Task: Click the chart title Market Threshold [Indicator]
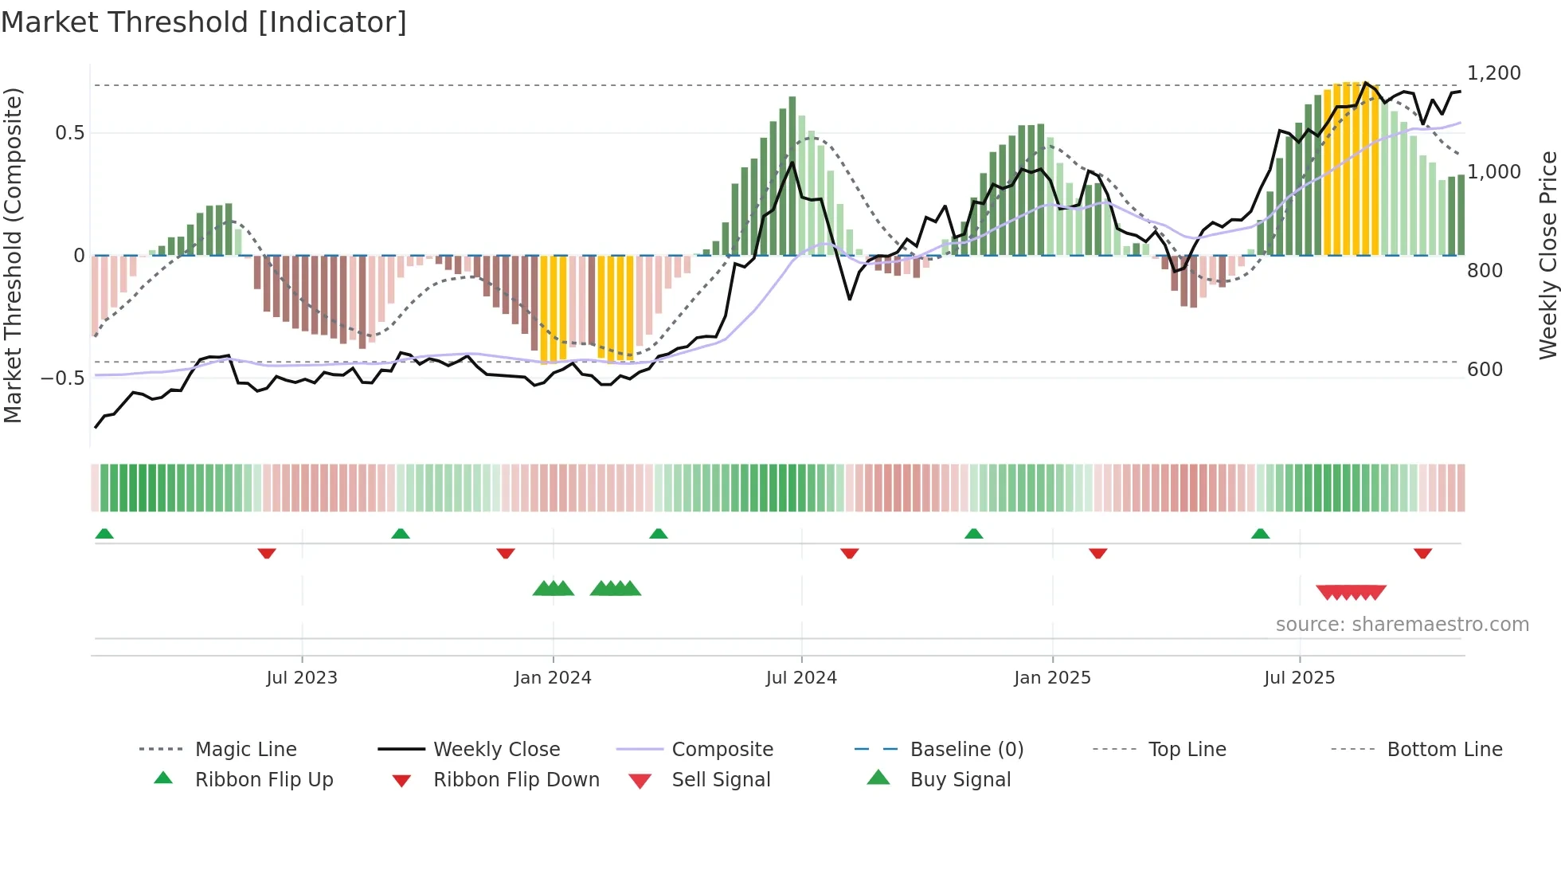click(204, 22)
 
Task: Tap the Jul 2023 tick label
click(302, 678)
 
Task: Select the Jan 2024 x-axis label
click(553, 678)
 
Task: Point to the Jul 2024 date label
click(801, 678)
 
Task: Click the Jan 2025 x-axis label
click(1052, 678)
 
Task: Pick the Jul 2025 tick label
click(1299, 678)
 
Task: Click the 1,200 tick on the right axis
click(1494, 73)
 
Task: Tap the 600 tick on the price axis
click(1485, 370)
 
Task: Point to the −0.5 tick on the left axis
click(63, 378)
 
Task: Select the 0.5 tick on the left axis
click(69, 133)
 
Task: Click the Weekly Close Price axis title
click(1547, 255)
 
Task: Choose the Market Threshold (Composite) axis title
click(13, 255)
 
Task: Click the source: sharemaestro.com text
click(1402, 625)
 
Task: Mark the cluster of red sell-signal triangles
click(1351, 592)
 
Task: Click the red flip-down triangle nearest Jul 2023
click(267, 553)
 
